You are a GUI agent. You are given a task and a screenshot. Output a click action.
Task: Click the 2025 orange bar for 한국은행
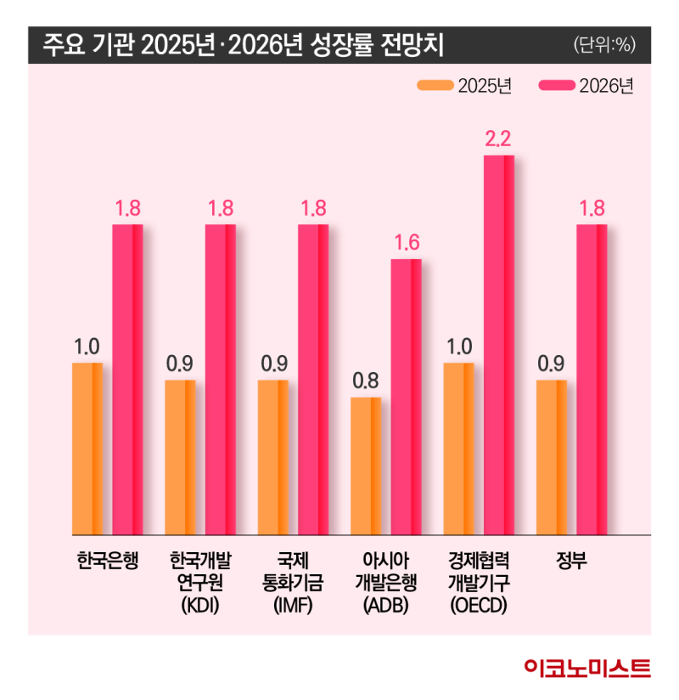(x=87, y=449)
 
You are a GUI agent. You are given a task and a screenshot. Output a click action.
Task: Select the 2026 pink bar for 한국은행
(x=127, y=380)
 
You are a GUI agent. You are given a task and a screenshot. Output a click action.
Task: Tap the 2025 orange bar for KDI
(x=180, y=457)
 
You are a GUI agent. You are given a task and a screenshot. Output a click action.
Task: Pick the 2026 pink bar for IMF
(x=312, y=380)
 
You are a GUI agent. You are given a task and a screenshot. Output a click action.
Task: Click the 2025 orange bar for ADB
(x=366, y=466)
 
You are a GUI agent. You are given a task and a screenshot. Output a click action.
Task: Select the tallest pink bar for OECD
(x=499, y=345)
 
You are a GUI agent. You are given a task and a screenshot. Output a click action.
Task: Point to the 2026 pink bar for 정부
(x=592, y=380)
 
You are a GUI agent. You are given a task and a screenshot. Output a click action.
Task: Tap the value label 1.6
(x=407, y=243)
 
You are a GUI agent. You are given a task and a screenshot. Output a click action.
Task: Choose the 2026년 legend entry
(x=586, y=86)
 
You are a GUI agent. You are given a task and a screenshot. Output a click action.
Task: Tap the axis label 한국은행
(x=107, y=562)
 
